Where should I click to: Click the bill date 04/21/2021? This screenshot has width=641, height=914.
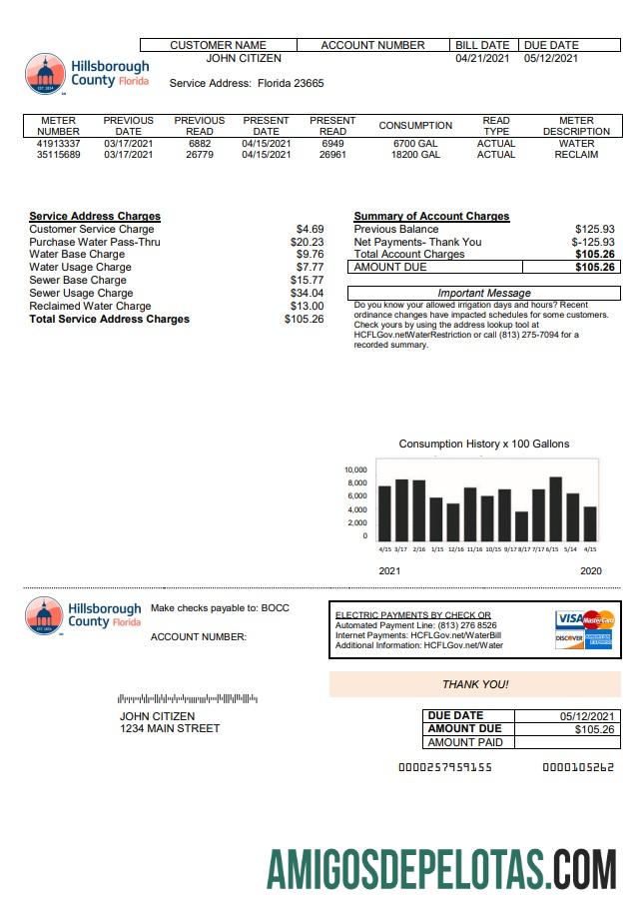(x=482, y=59)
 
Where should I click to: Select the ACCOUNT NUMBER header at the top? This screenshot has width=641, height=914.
(x=372, y=45)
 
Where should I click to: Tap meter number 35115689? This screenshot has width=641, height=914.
(x=58, y=155)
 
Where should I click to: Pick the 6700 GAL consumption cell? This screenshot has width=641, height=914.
(x=415, y=144)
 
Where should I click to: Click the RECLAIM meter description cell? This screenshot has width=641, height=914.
(x=576, y=155)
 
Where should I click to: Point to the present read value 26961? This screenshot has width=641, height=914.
(x=332, y=155)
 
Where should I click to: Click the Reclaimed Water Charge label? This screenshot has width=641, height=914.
(x=90, y=307)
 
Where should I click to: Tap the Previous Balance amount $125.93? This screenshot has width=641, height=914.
(x=594, y=230)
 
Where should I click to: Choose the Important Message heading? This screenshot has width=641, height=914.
(x=484, y=293)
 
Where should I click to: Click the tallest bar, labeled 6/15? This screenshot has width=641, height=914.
(x=555, y=508)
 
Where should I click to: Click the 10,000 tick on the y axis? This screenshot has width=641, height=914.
(x=355, y=469)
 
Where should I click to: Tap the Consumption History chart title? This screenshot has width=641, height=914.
(x=484, y=444)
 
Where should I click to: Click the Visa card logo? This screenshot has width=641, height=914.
(x=569, y=619)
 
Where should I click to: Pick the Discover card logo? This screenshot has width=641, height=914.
(x=569, y=638)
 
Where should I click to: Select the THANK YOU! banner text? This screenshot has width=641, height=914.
(x=475, y=684)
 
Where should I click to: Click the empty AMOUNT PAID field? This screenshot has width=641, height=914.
(x=567, y=742)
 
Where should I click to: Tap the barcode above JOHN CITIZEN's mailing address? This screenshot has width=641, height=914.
(x=188, y=698)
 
